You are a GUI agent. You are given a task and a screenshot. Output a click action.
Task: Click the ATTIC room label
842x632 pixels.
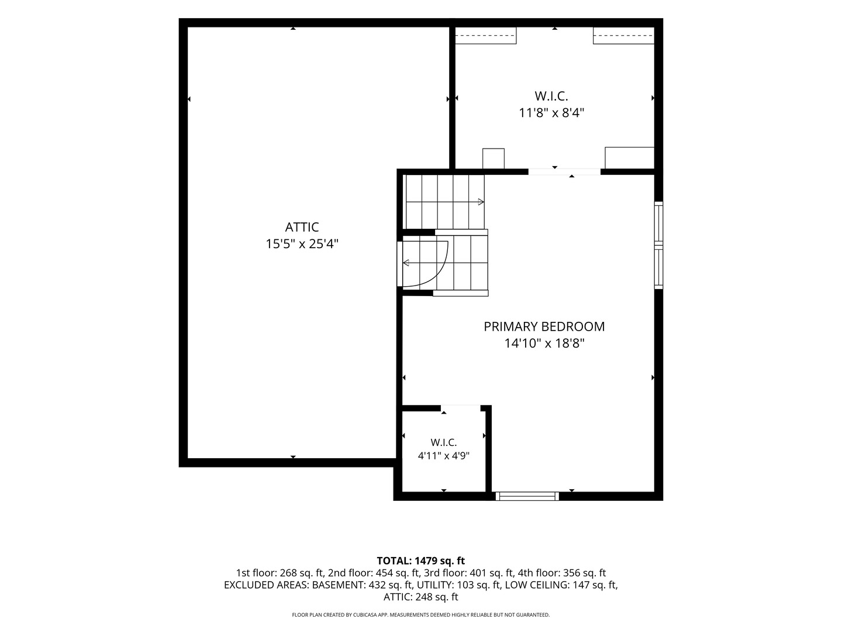click(302, 227)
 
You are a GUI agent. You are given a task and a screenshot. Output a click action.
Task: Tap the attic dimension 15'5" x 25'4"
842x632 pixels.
click(302, 243)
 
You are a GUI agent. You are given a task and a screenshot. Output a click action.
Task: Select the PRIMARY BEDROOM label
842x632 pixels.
click(544, 327)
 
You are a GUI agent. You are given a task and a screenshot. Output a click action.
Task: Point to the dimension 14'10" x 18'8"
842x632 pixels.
click(544, 343)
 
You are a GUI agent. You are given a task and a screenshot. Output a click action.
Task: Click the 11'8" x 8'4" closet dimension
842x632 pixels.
click(551, 113)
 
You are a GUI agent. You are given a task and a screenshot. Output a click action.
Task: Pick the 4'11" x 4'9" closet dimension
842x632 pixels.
click(443, 456)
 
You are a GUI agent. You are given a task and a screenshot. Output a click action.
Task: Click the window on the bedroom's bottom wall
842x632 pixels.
click(527, 496)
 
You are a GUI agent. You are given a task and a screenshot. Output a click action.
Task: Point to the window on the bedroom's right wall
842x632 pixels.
click(658, 245)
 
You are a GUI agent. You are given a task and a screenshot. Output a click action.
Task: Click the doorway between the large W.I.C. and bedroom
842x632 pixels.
click(564, 172)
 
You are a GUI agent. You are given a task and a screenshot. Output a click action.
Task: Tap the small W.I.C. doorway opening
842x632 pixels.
click(460, 408)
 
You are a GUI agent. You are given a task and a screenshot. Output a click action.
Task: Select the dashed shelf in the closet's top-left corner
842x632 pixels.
click(486, 35)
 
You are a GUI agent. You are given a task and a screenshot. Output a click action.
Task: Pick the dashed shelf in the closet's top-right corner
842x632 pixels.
click(623, 35)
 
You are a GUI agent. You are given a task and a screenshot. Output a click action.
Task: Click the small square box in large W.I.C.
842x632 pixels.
click(494, 159)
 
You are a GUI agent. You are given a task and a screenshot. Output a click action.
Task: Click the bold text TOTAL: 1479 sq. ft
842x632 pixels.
click(421, 561)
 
